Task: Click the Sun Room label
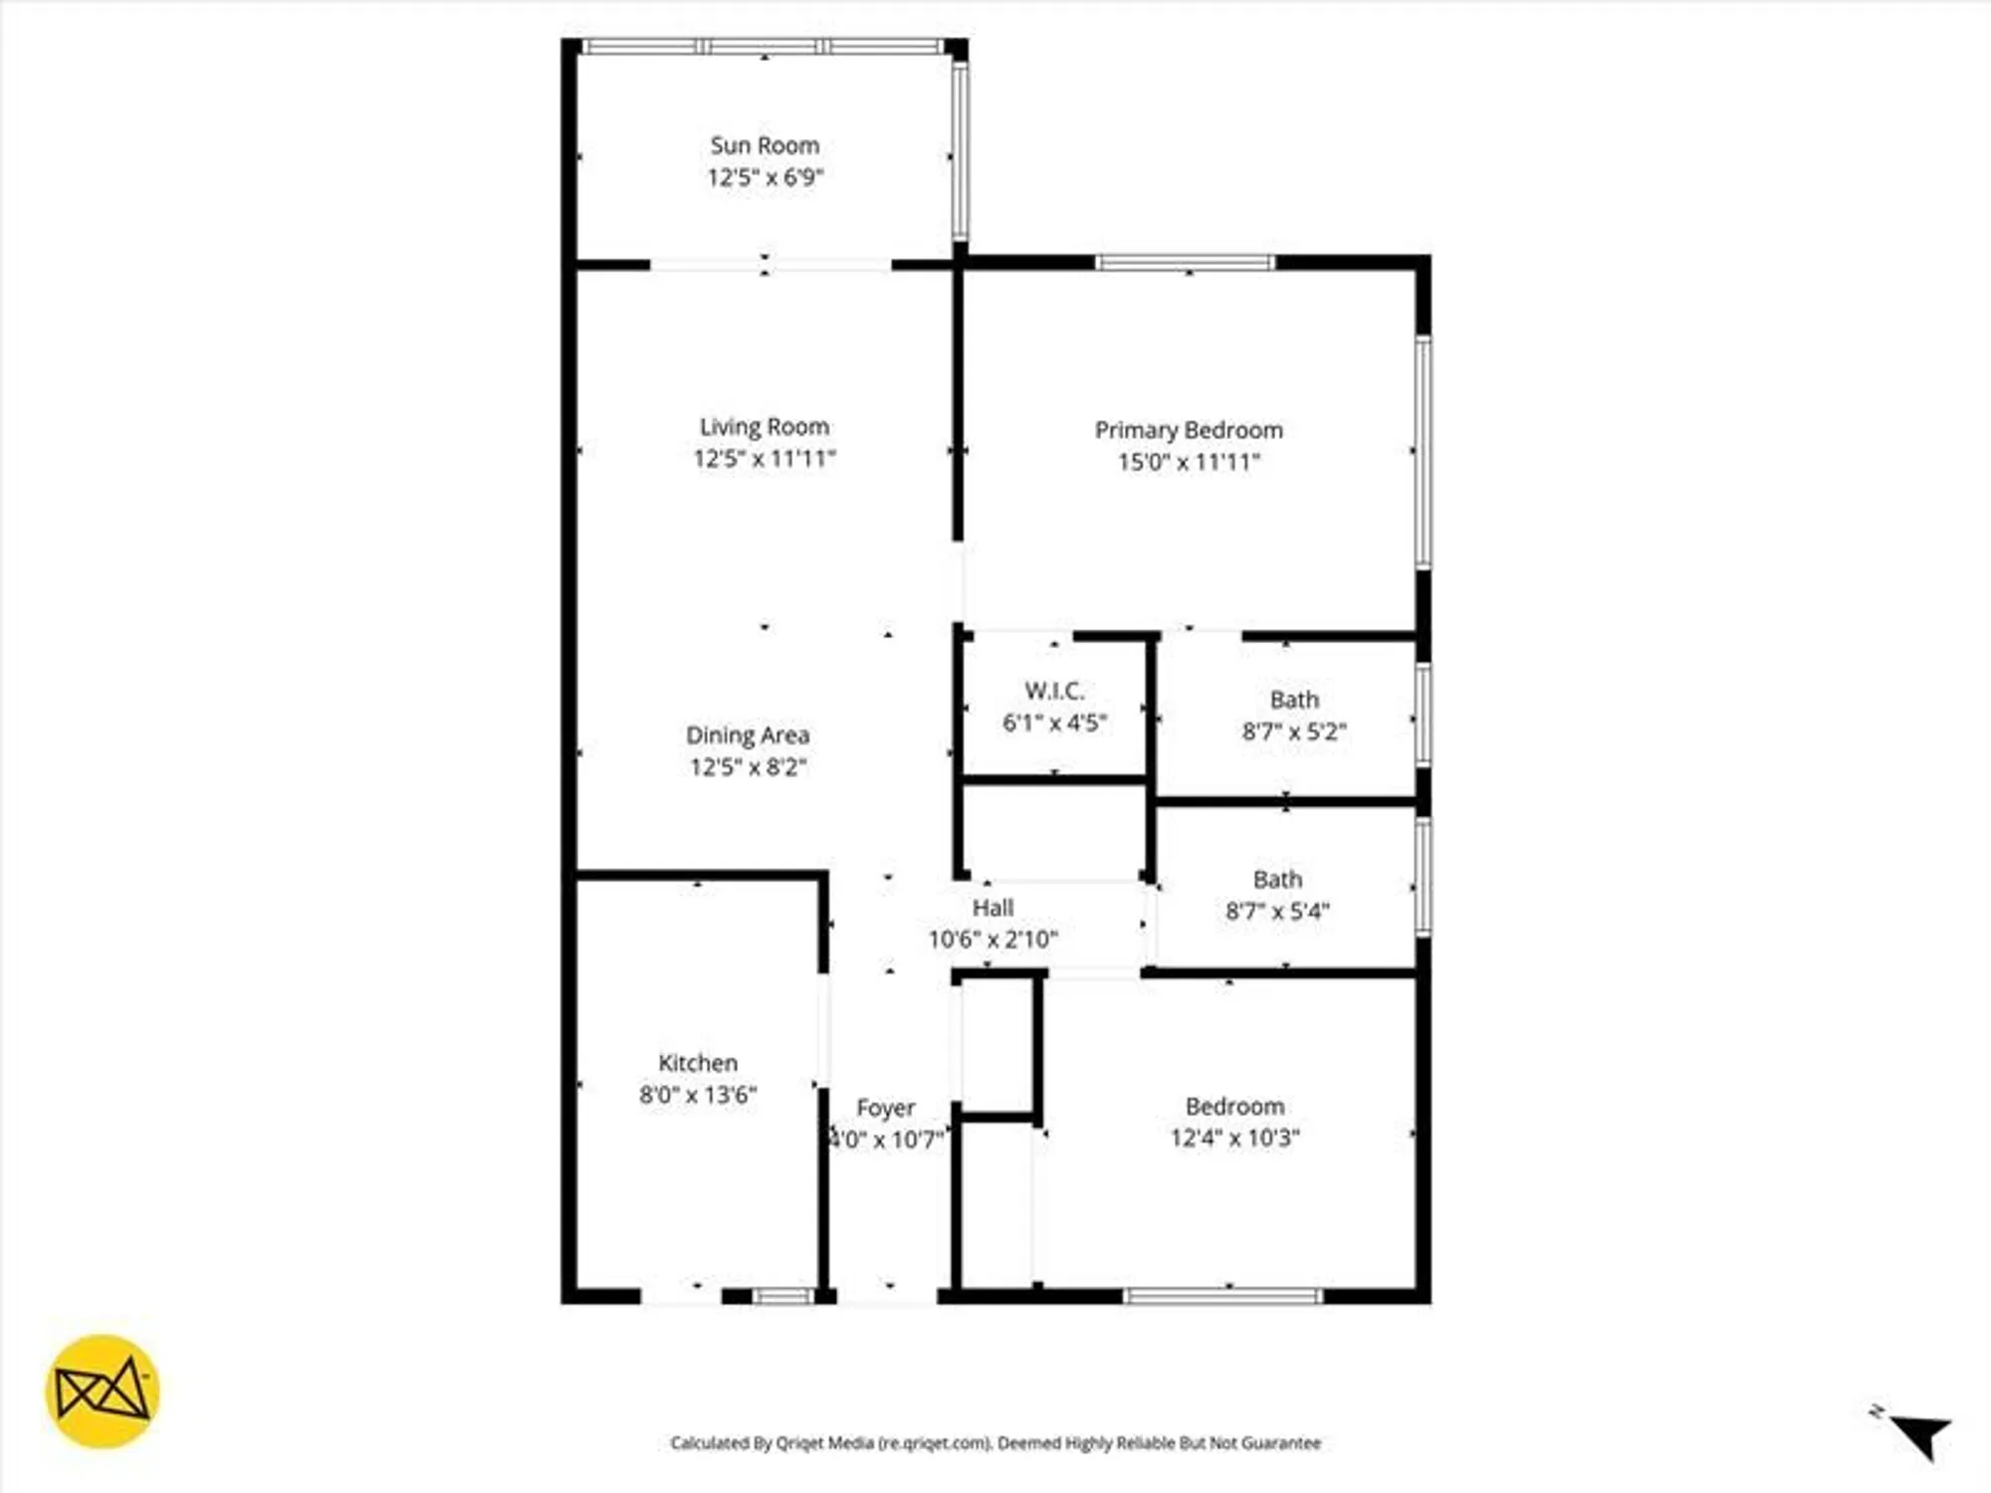pos(765,145)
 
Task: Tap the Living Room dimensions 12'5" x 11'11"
pos(765,459)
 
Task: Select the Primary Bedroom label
pos(1189,430)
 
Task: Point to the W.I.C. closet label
pos(1054,691)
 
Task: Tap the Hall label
pos(993,908)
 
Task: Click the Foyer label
pos(885,1108)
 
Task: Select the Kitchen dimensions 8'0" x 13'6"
pos(698,1095)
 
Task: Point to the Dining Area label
pos(748,736)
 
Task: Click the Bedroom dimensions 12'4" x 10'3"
pos(1234,1138)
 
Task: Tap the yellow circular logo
pos(103,1390)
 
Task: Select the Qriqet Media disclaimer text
pos(995,1443)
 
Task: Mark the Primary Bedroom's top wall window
pos(1185,263)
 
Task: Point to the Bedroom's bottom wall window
pos(1222,1296)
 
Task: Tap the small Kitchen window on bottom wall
pos(782,1296)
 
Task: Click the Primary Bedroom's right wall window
pos(1424,453)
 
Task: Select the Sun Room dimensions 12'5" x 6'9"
pos(765,177)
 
